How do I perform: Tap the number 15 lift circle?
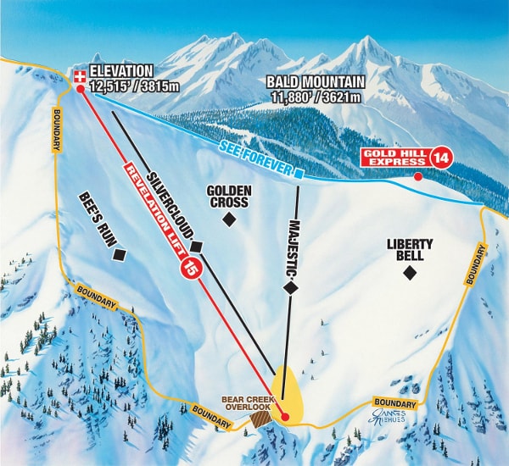coord(190,269)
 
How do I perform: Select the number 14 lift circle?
coord(440,157)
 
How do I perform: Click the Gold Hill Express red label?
coord(394,157)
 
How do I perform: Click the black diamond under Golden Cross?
coord(228,220)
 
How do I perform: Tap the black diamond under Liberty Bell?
coord(410,272)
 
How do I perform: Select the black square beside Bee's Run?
coord(120,253)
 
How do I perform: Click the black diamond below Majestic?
coord(290,287)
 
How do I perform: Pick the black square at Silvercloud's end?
coord(196,247)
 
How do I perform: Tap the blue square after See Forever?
coord(299,173)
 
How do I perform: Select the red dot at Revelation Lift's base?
coord(285,417)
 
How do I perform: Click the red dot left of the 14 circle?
coord(417,176)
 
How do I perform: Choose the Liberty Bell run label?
coord(410,249)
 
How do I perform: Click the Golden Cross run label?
coord(227,197)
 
